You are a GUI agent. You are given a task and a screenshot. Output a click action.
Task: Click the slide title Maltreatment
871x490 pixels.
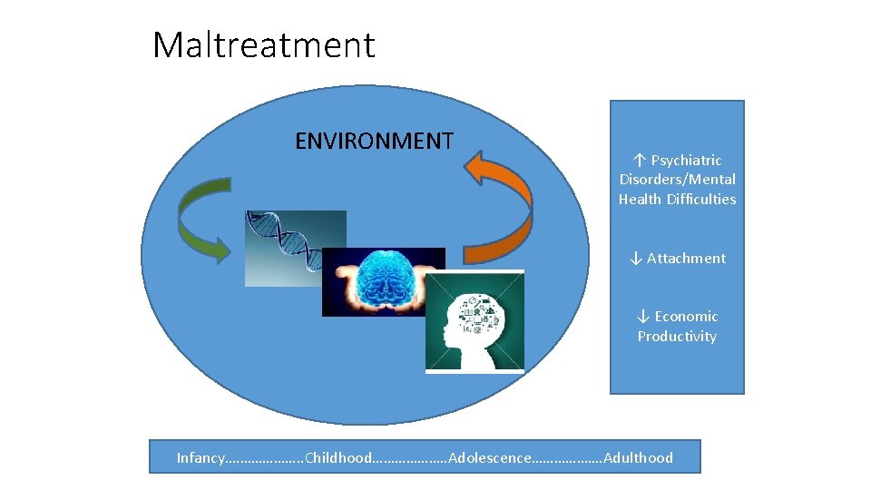(263, 44)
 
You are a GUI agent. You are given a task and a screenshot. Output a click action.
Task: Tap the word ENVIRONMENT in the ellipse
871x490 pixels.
(374, 141)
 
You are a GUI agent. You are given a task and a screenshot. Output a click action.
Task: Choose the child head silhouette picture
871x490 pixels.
(475, 322)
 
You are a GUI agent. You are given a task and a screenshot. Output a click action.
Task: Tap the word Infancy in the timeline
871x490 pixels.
(200, 457)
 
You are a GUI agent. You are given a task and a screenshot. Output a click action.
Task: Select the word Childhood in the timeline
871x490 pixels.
(338, 457)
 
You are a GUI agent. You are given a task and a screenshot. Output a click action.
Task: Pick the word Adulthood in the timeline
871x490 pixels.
(638, 457)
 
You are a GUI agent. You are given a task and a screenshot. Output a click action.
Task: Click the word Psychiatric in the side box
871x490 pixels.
(686, 160)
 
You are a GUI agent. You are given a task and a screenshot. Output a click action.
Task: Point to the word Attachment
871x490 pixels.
(686, 258)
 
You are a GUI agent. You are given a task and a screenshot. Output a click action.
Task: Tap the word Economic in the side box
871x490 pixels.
(686, 316)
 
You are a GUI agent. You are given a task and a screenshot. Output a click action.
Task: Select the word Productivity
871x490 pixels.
(677, 336)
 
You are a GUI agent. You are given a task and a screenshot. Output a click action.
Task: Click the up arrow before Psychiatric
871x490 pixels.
(639, 160)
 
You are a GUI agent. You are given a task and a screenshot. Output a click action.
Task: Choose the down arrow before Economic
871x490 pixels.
(642, 316)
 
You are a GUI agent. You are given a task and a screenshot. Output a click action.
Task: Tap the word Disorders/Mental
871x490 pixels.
(677, 179)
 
